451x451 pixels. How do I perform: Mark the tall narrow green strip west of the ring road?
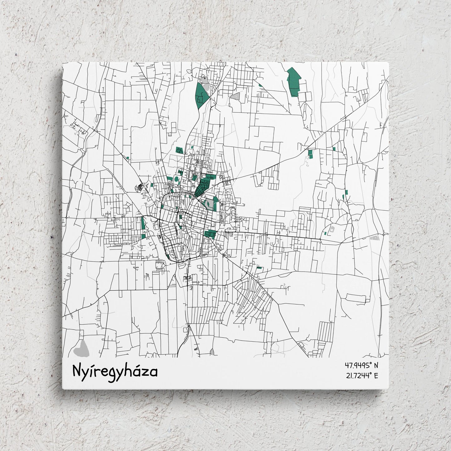click(143, 223)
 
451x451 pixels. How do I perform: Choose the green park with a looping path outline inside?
click(179, 150)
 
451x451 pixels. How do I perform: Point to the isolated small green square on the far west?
click(128, 158)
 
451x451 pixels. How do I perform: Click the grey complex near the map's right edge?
click(374, 238)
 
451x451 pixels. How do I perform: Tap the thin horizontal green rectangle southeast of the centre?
click(259, 267)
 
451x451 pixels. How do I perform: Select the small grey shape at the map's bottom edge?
click(213, 352)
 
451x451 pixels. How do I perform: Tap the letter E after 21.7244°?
click(376, 376)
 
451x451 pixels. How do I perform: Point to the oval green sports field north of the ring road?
click(176, 179)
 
